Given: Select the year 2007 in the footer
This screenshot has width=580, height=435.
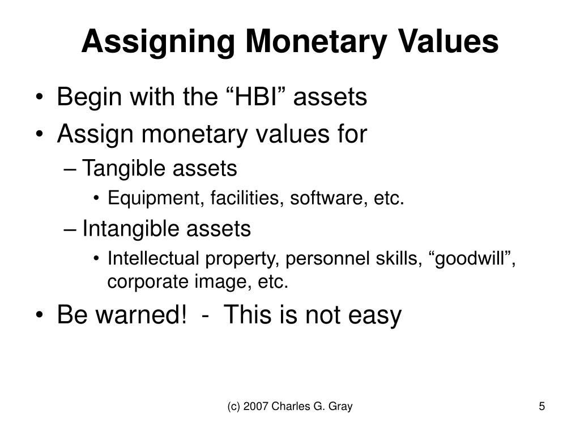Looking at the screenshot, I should [252, 407].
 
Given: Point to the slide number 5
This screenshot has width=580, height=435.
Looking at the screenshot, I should [542, 407].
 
